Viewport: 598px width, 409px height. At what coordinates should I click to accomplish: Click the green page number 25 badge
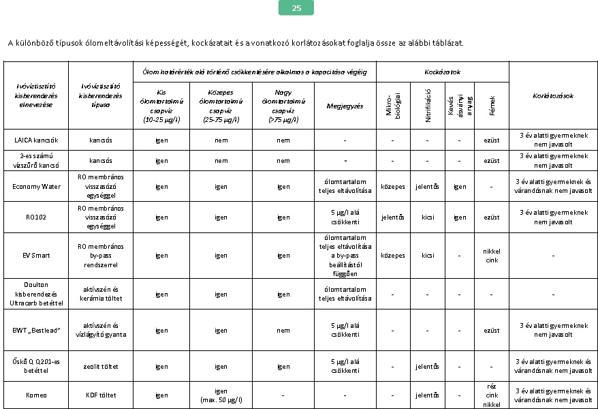click(x=296, y=8)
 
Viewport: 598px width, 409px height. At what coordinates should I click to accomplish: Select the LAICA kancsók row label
click(x=36, y=140)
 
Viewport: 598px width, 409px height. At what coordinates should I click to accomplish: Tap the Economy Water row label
click(x=36, y=185)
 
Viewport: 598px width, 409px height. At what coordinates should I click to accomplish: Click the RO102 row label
click(x=36, y=217)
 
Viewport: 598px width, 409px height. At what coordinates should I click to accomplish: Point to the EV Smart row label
click(x=36, y=256)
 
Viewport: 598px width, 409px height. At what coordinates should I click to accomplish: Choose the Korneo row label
click(x=36, y=395)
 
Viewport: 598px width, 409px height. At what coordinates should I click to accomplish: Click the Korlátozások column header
click(x=552, y=96)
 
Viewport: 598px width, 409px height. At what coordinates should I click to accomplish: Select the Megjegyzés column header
click(x=345, y=106)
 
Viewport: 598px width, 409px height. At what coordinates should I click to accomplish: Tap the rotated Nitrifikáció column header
click(x=428, y=106)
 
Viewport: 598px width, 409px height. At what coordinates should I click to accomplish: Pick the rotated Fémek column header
click(x=492, y=106)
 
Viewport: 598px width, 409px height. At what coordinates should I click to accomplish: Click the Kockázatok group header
click(x=442, y=72)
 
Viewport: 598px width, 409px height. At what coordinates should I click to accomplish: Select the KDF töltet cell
click(x=101, y=395)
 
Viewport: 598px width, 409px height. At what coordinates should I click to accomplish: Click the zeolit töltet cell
click(x=101, y=366)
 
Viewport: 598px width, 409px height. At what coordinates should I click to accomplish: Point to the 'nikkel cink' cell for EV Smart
click(x=491, y=256)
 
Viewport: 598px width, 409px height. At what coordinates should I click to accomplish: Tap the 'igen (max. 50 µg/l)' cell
click(x=221, y=395)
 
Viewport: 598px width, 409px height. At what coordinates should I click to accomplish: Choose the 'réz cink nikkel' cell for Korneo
click(x=491, y=395)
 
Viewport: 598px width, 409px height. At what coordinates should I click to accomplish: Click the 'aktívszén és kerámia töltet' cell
click(x=101, y=294)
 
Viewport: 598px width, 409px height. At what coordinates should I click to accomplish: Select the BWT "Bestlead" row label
click(x=36, y=331)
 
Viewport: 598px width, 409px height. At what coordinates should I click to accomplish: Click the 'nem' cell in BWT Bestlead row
click(x=283, y=331)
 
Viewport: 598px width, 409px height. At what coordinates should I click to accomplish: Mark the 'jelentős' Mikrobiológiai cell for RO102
click(x=393, y=217)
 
